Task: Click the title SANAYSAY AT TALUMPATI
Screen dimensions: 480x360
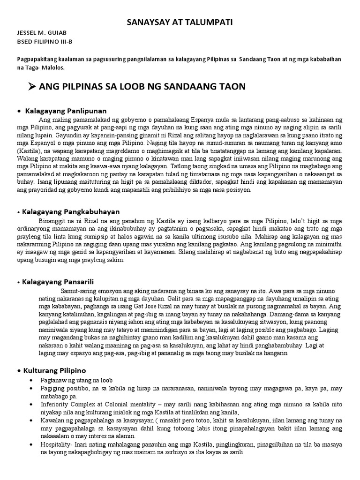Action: [x=180, y=22]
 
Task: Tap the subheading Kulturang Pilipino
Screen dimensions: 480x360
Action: [x=54, y=370]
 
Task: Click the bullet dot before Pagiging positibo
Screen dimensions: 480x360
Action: [x=30, y=389]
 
